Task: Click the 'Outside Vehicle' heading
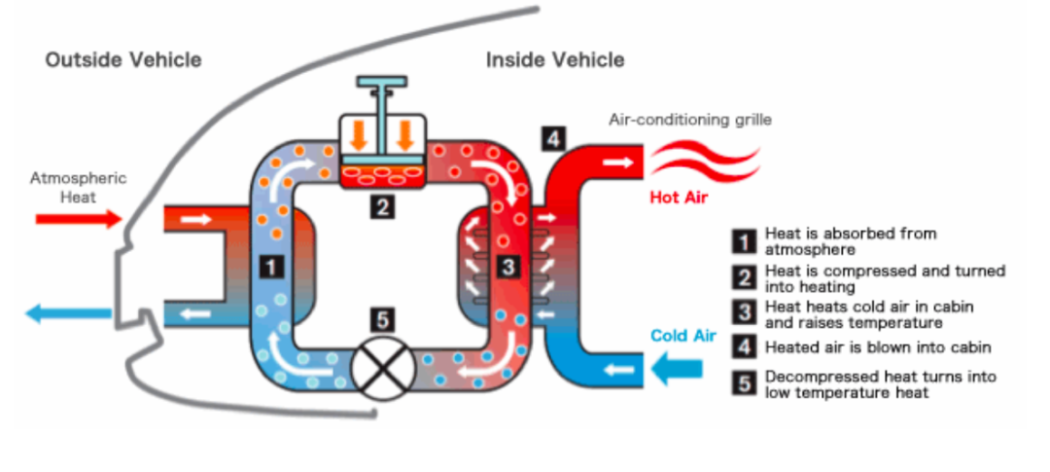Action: [x=123, y=59]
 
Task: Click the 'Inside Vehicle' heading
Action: [x=555, y=59]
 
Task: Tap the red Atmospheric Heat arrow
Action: [x=79, y=219]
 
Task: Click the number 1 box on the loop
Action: [x=271, y=267]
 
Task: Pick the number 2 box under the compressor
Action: [x=382, y=206]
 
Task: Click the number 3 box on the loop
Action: [x=508, y=267]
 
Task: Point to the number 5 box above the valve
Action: [x=382, y=320]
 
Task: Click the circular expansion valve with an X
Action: [x=381, y=367]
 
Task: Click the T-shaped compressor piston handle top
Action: [x=382, y=82]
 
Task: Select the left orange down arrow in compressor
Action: [x=360, y=135]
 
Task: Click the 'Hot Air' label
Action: [x=679, y=198]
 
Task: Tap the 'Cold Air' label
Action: [x=680, y=336]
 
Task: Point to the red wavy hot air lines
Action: [x=705, y=163]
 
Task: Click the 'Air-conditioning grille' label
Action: [x=689, y=120]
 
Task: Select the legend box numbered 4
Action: [x=743, y=348]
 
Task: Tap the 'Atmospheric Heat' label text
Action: [x=79, y=188]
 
